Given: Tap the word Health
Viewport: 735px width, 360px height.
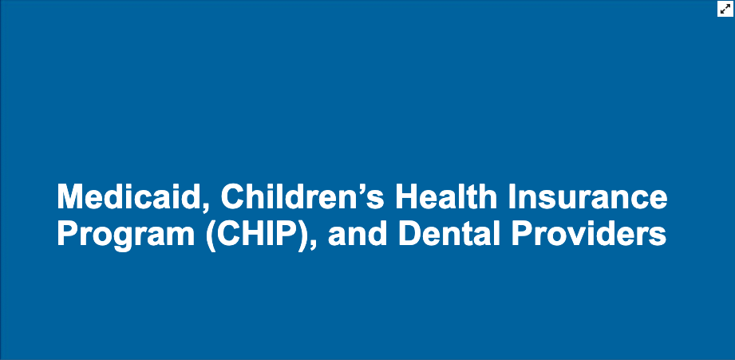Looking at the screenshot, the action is tap(446, 196).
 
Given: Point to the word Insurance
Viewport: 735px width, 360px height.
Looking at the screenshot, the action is tap(588, 196).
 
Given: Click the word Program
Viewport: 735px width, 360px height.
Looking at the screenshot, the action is tap(125, 235).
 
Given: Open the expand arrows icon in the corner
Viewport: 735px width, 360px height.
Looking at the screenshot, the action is tap(725, 9).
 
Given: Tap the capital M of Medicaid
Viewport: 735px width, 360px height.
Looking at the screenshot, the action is tap(69, 196).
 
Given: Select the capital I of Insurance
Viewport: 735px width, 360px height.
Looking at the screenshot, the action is tap(512, 196).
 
